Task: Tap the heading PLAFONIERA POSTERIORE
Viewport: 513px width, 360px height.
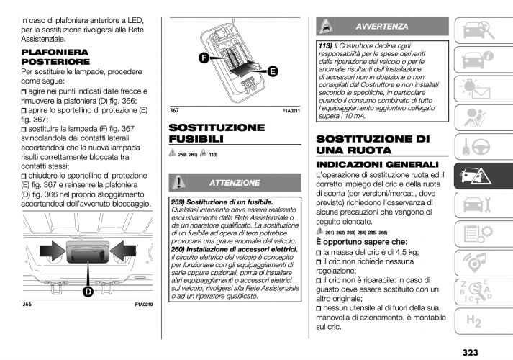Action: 55,58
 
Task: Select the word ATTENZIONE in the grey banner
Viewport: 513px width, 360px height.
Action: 244,183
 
